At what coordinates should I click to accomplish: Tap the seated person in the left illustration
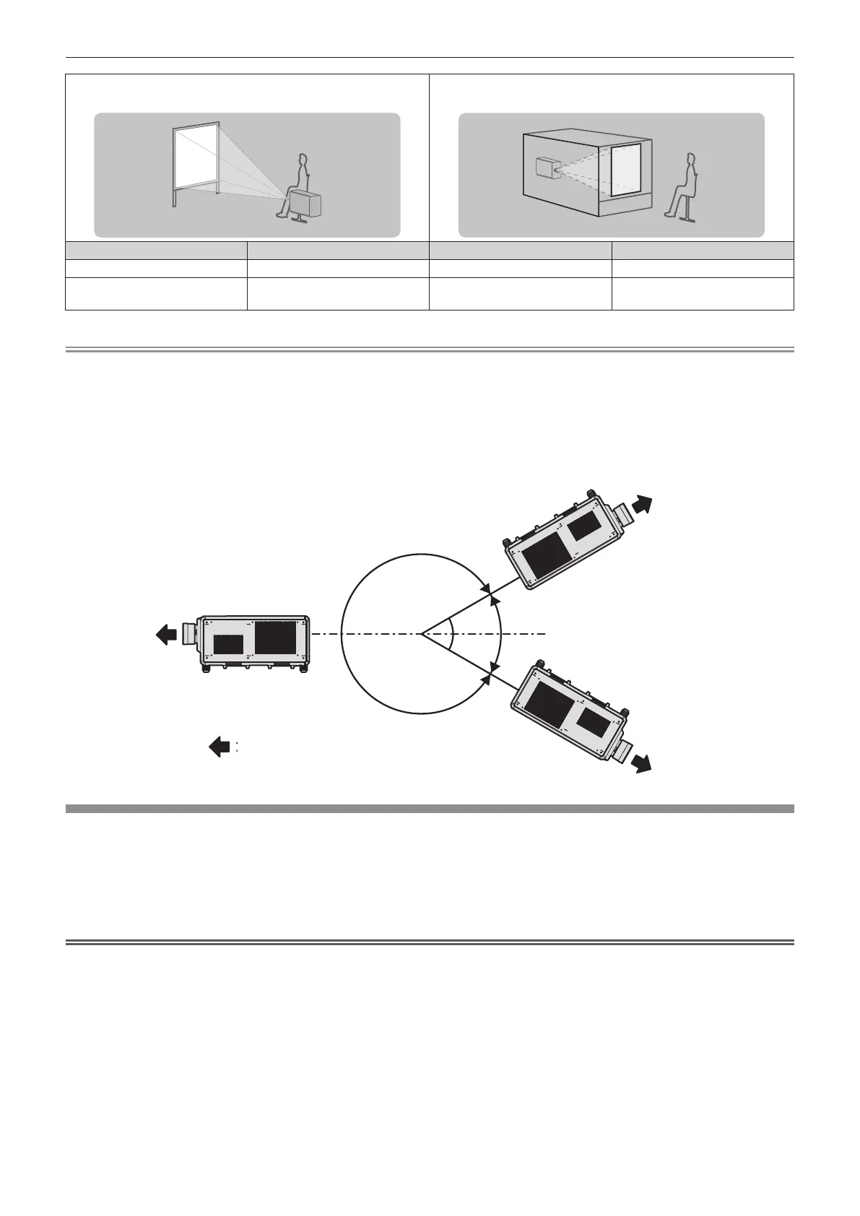tap(297, 181)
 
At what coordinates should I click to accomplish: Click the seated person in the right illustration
tap(683, 186)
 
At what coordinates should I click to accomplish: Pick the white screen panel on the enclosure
tap(626, 169)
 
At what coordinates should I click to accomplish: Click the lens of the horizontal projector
tap(190, 633)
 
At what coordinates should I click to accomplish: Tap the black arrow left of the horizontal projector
tap(166, 635)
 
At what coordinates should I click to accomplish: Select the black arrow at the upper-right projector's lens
tap(641, 503)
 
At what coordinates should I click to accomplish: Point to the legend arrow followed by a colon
tap(220, 747)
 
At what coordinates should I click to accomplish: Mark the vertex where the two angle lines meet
tap(422, 634)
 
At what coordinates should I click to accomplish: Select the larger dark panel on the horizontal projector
tap(275, 637)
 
